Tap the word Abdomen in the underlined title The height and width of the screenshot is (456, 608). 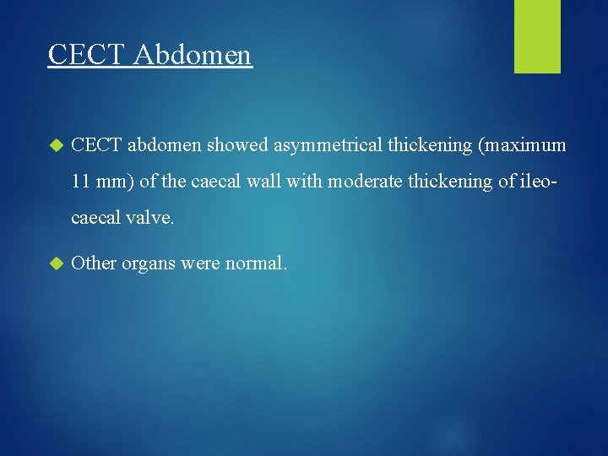tap(192, 54)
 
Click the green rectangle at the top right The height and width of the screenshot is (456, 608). tap(537, 36)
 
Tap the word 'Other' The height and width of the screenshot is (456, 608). tap(94, 263)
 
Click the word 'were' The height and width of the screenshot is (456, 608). tap(200, 263)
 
